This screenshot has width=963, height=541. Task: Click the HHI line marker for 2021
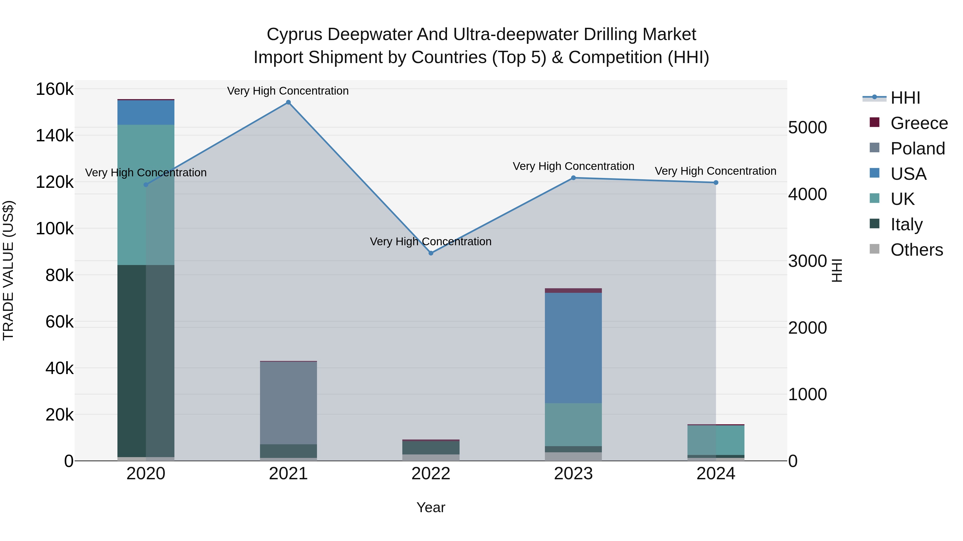288,102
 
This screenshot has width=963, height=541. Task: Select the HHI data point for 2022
431,253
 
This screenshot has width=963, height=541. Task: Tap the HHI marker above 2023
574,178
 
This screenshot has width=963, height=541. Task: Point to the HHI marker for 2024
716,182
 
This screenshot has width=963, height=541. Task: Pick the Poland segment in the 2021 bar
288,403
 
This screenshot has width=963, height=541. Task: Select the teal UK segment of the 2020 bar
146,194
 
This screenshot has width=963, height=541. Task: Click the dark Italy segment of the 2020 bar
146,360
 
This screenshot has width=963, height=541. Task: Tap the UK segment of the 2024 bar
716,440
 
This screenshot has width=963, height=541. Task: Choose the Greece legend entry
919,123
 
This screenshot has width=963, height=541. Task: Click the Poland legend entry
918,149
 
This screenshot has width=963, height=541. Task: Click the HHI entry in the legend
905,98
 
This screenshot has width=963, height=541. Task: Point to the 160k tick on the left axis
55,89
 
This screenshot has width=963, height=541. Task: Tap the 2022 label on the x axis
431,474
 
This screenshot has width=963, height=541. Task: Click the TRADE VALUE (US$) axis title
8,270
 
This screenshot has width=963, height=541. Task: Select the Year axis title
431,507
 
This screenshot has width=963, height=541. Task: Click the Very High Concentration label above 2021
288,91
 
